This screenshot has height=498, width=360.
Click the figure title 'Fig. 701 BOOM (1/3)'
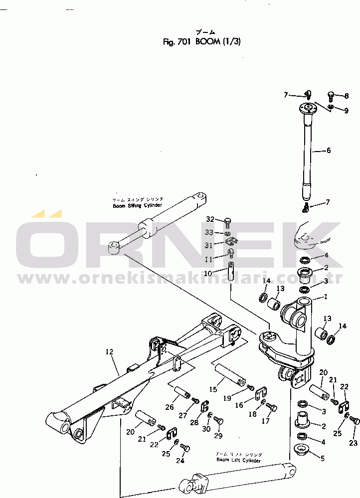coord(201,42)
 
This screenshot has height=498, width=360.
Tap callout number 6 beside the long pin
coord(329,150)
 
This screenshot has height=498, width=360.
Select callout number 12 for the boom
coord(110,352)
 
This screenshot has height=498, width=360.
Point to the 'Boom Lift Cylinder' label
coord(238,460)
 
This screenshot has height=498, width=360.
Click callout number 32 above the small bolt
coord(210,219)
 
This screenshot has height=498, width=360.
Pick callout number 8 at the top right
coord(347,95)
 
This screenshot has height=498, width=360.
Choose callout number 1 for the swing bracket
coord(326,297)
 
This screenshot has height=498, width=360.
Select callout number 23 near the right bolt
coord(353,442)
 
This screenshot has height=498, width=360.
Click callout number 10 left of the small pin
coord(208,273)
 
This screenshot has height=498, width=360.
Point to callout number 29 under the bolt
coord(217,436)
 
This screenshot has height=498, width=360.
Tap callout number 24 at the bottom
coord(180,461)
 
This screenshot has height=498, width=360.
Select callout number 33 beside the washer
coord(209,232)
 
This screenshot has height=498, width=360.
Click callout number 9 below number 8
coord(346,111)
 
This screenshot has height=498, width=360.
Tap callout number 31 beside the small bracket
coord(209,245)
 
